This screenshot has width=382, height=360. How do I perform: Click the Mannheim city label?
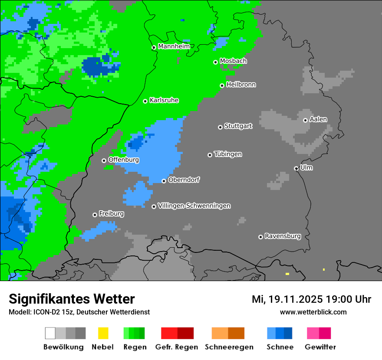pyautogui.click(x=174, y=46)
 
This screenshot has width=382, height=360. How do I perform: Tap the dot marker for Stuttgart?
pyautogui.click(x=220, y=127)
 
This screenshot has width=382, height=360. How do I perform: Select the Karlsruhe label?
pyautogui.click(x=164, y=100)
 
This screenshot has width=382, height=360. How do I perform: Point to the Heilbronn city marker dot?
pyautogui.click(x=222, y=85)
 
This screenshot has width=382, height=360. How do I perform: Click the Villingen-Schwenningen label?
pyautogui.click(x=194, y=206)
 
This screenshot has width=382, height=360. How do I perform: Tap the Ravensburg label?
pyautogui.click(x=283, y=236)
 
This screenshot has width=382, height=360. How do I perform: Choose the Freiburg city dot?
pyautogui.click(x=95, y=215)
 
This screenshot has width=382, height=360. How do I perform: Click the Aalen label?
pyautogui.click(x=318, y=119)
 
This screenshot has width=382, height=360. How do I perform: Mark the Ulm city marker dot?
pyautogui.click(x=296, y=168)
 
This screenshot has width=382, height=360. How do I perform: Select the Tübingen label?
pyautogui.click(x=228, y=154)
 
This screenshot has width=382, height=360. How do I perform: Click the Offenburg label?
pyautogui.click(x=124, y=160)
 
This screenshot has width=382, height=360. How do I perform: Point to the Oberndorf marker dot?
pyautogui.click(x=164, y=181)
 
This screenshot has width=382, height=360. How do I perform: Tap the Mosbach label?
pyautogui.click(x=233, y=61)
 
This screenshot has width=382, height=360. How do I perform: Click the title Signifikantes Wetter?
pyautogui.click(x=72, y=299)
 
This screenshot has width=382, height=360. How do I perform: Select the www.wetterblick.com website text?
pyautogui.click(x=313, y=312)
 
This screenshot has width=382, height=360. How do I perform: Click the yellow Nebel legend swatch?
pyautogui.click(x=103, y=333)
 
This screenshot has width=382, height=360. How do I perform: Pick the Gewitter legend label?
pyautogui.click(x=320, y=347)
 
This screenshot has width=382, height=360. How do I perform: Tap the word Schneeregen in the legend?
pyautogui.click(x=229, y=347)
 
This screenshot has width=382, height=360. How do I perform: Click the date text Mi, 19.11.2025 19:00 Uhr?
pyautogui.click(x=311, y=299)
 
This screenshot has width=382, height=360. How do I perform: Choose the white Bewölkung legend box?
pyautogui.click(x=50, y=333)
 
